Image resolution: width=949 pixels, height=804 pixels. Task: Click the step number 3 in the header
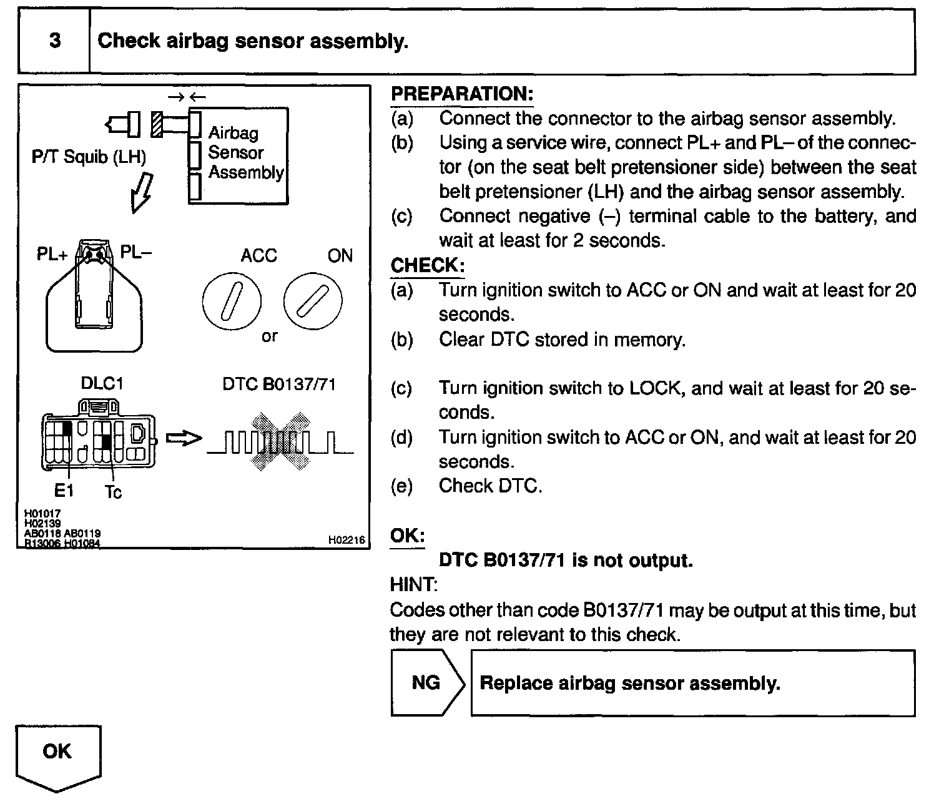[55, 41]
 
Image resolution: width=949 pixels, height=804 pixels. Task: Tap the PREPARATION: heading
[461, 94]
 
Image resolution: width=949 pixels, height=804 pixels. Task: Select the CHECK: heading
[427, 265]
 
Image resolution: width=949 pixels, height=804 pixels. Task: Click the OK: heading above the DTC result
[407, 536]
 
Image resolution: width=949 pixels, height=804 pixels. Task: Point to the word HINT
[413, 585]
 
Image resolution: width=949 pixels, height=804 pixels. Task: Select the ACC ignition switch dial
[232, 302]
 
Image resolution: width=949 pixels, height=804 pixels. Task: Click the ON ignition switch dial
[313, 302]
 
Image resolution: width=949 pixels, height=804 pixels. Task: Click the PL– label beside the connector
[135, 252]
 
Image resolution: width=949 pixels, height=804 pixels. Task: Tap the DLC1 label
[102, 383]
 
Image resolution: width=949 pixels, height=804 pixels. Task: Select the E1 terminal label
[64, 491]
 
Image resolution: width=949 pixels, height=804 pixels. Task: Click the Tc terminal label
[113, 493]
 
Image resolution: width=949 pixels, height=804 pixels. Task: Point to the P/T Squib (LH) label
[89, 157]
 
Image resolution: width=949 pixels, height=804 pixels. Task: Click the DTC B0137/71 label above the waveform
[279, 385]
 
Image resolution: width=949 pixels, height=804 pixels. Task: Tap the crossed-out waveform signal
[280, 441]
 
